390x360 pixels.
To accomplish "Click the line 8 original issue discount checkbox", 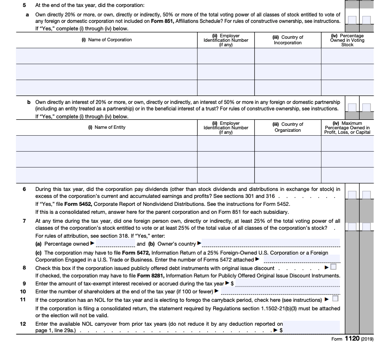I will coord(333,268).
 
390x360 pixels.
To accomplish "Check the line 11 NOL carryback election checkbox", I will coord(335,299).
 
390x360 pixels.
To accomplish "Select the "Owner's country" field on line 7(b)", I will coord(271,244).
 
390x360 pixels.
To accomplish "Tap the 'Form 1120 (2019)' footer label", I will coord(354,339).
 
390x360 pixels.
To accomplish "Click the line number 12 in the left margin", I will coord(22,324).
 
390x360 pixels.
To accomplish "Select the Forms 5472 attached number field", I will coord(301,260).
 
